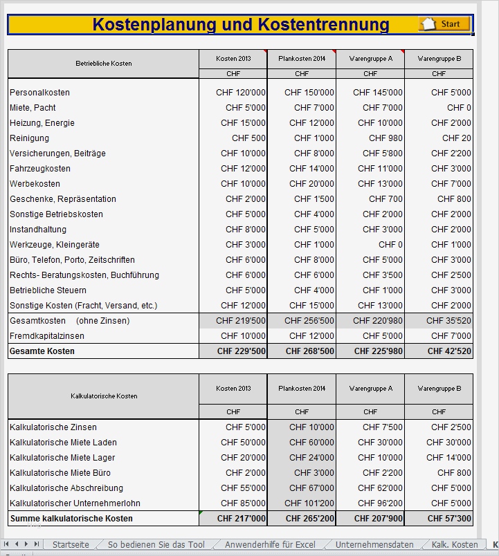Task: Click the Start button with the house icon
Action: point(444,24)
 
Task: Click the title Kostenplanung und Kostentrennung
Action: point(241,25)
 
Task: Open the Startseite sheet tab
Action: point(71,544)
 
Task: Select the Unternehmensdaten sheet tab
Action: point(374,544)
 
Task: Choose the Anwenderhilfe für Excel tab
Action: point(270,544)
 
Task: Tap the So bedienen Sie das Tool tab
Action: point(156,544)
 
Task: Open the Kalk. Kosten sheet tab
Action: point(454,544)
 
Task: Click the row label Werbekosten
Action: point(35,184)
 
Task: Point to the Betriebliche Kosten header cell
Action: point(104,64)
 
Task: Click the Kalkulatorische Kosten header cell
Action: point(104,396)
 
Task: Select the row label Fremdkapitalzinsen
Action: point(47,336)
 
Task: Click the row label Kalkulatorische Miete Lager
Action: point(62,458)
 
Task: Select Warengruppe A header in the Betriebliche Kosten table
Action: point(370,59)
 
